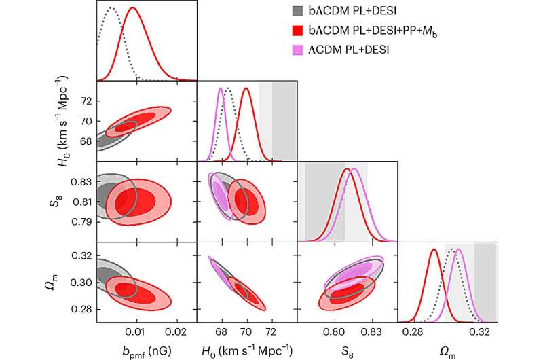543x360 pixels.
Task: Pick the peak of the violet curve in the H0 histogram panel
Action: [x=221, y=88]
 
